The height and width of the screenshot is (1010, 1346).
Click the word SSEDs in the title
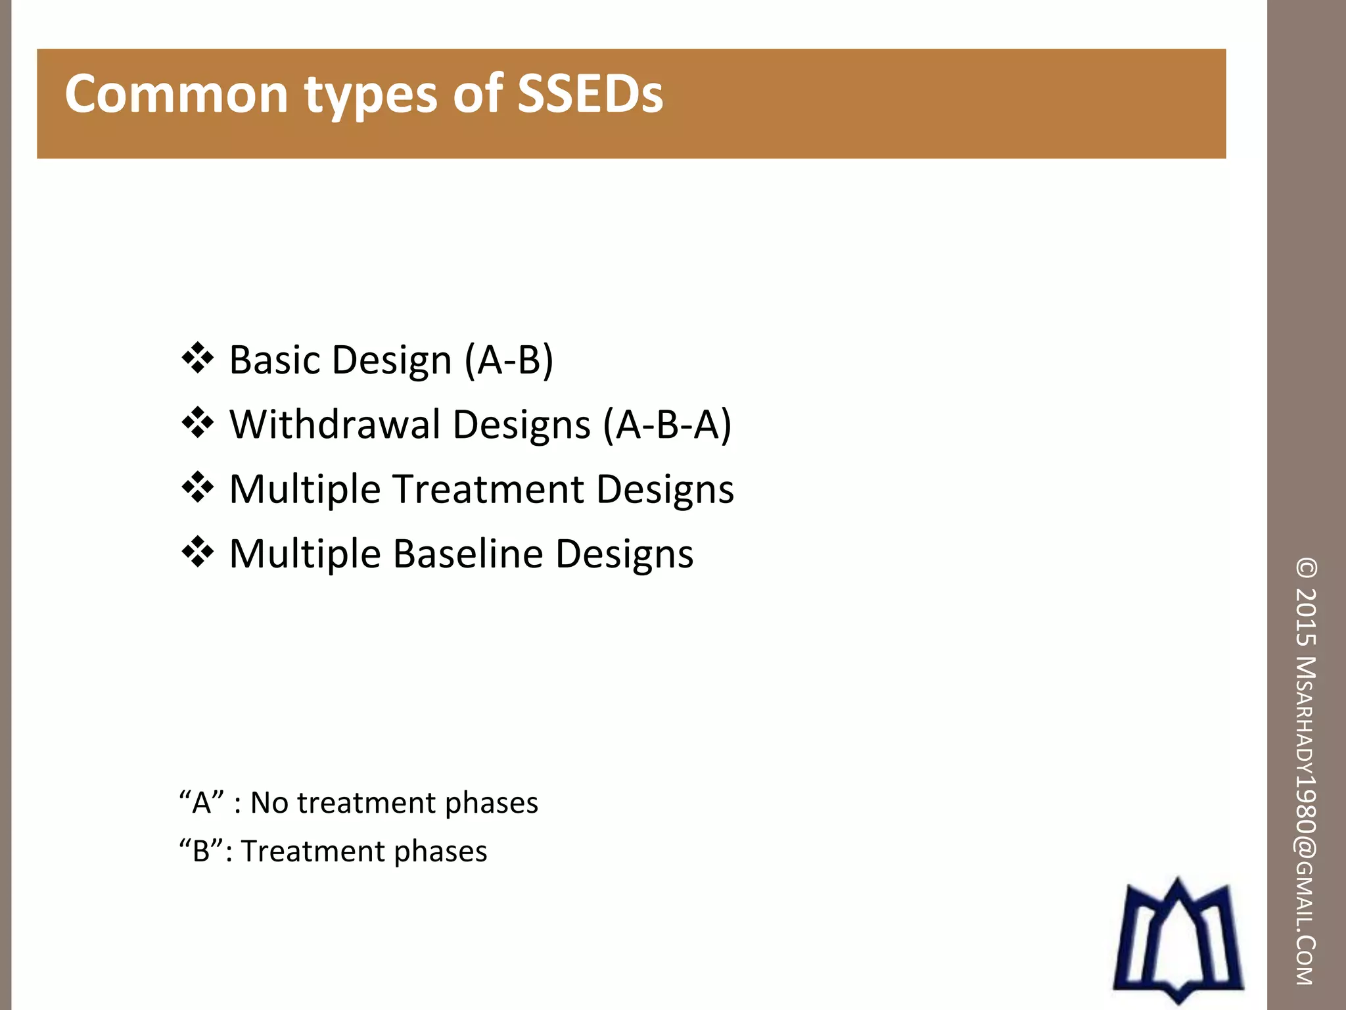[x=590, y=94]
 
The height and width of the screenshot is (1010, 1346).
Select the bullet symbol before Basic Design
[x=198, y=358]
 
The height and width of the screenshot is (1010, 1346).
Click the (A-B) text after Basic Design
[x=509, y=360]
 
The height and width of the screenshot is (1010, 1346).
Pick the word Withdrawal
[x=335, y=424]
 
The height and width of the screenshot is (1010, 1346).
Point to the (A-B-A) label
[x=668, y=425]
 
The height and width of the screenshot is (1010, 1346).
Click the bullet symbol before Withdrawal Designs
[x=198, y=423]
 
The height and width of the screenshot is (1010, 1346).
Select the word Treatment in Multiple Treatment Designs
[x=489, y=489]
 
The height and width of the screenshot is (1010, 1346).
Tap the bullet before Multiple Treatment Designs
[x=198, y=488]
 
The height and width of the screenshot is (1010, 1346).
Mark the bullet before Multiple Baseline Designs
[x=198, y=552]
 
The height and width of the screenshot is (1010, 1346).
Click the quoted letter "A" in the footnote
[x=202, y=803]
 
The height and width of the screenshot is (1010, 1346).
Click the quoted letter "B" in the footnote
[x=201, y=851]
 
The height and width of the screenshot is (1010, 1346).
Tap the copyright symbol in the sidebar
[x=1307, y=568]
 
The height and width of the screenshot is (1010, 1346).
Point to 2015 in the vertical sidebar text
[x=1307, y=616]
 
